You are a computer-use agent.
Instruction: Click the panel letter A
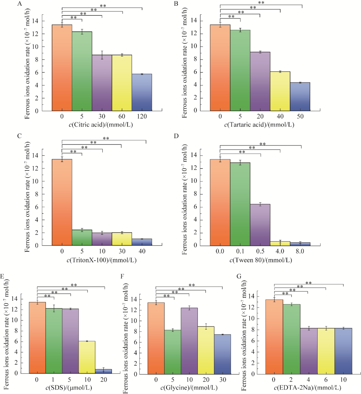click(x=20, y=4)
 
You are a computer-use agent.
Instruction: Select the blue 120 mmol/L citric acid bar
click(x=142, y=93)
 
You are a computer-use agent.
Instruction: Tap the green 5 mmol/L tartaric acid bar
click(x=240, y=70)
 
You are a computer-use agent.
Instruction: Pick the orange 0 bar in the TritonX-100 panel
click(x=62, y=202)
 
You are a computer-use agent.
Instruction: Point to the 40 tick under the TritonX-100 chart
click(x=142, y=251)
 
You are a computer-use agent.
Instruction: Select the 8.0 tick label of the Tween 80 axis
click(x=300, y=251)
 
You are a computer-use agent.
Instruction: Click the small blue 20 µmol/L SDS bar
click(x=104, y=371)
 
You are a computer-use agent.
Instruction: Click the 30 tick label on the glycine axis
click(x=222, y=380)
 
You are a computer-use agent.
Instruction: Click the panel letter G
click(x=239, y=276)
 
